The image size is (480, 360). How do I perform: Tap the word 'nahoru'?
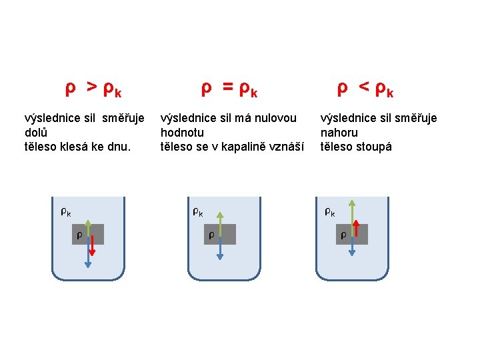[339, 133]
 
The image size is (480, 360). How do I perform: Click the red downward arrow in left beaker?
[92, 245]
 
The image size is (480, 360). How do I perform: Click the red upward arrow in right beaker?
[357, 229]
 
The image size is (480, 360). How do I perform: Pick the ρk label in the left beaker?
[66, 213]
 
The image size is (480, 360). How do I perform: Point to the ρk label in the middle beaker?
[198, 213]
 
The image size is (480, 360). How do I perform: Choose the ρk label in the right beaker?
[330, 213]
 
